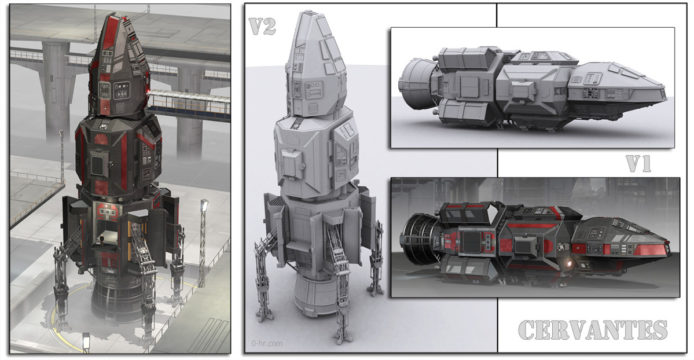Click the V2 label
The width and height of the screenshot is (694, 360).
pos(262,26)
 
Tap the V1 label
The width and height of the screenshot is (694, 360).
pos(638,164)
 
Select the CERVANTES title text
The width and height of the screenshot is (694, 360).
pos(593,330)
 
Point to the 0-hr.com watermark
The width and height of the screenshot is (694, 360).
pos(266,343)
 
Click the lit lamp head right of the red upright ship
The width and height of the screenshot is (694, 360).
pos(204,204)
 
